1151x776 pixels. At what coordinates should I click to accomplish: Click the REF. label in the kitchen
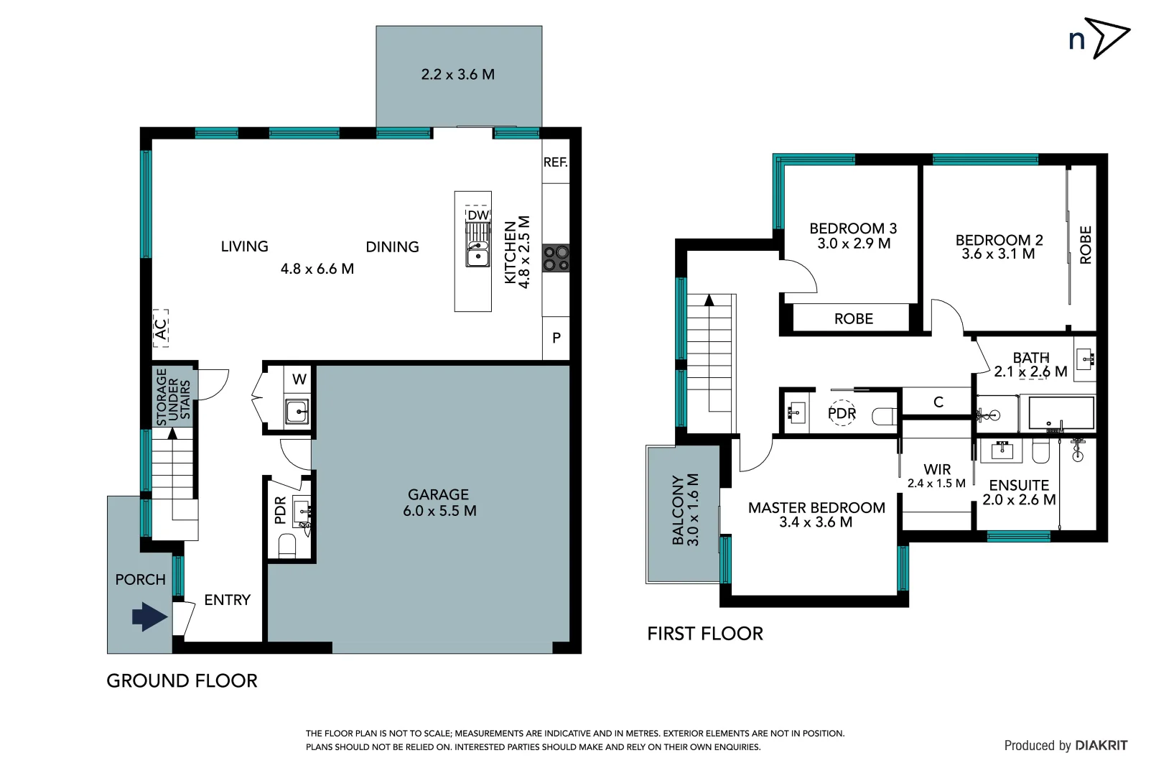tap(555, 162)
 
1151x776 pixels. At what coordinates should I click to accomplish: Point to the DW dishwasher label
tap(477, 215)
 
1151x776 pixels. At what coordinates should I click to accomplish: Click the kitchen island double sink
tap(477, 254)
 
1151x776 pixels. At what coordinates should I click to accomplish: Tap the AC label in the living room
tap(162, 328)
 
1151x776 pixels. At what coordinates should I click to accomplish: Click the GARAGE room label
tap(438, 494)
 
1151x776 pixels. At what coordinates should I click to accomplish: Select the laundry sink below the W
tap(296, 412)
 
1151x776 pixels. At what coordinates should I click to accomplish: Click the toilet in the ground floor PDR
tap(287, 546)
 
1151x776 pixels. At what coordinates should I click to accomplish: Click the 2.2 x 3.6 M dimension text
tap(457, 74)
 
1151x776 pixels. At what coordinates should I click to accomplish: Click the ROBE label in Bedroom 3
tap(853, 318)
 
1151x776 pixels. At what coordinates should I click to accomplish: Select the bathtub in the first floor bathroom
tap(1061, 414)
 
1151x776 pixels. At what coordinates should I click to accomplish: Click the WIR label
tap(937, 469)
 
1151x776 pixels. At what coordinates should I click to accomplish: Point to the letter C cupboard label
tap(938, 402)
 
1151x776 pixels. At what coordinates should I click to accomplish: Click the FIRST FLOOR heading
tap(704, 633)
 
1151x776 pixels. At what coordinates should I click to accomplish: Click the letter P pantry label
tap(556, 338)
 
